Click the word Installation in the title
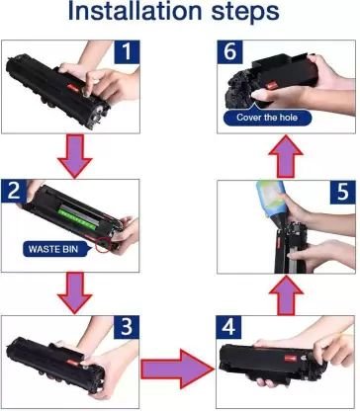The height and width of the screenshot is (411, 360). click(x=135, y=11)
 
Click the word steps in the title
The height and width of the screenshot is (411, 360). click(x=245, y=13)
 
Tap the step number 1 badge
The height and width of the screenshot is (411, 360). click(x=127, y=52)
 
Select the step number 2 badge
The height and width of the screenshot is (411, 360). click(x=14, y=191)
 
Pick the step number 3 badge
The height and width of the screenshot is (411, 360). click(x=127, y=327)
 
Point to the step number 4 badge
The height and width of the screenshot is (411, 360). click(x=228, y=327)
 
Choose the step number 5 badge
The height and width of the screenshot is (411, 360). click(x=343, y=192)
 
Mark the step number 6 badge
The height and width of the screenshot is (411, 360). click(x=229, y=52)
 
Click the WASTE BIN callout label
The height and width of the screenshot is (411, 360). click(x=53, y=249)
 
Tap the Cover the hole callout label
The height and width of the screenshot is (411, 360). click(x=267, y=118)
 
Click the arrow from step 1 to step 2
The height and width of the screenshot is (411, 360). click(x=75, y=157)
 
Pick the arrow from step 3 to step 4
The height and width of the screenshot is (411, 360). click(x=178, y=370)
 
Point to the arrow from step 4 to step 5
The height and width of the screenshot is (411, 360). click(x=286, y=295)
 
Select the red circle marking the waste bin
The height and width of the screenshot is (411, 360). click(x=103, y=244)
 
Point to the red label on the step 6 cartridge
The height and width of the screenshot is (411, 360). click(x=271, y=86)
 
